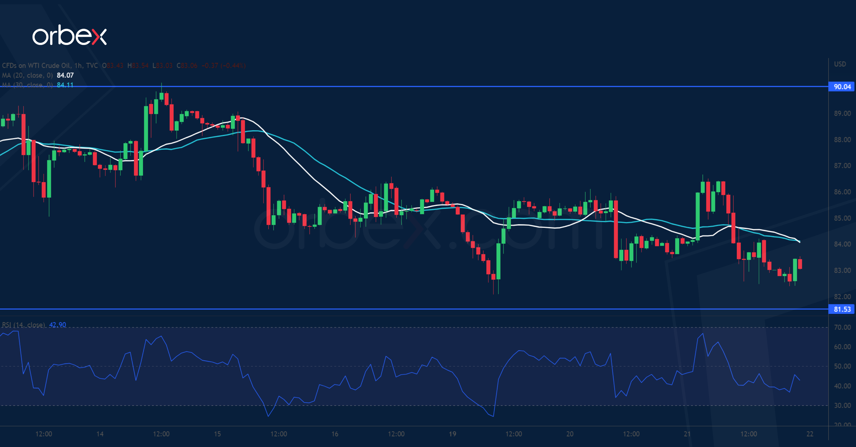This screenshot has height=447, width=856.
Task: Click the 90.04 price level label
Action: (842, 87)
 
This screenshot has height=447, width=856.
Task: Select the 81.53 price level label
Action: (842, 309)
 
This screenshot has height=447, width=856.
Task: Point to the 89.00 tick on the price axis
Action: (842, 113)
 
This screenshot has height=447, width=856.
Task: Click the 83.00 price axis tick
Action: (842, 270)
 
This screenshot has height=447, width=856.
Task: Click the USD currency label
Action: (840, 64)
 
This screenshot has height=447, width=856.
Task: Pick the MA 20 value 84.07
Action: (65, 75)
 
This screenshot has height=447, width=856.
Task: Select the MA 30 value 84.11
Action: (65, 85)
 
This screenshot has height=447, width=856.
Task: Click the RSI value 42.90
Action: (58, 325)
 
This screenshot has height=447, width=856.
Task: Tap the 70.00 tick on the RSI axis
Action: (842, 327)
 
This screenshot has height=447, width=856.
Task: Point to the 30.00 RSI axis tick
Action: (842, 405)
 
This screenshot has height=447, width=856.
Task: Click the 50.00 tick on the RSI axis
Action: (842, 366)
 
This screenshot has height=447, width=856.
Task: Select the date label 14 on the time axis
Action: (100, 434)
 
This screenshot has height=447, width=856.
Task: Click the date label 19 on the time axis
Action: (452, 434)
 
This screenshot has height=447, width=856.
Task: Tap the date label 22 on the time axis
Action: (810, 434)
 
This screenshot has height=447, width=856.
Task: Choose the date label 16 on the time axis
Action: (335, 434)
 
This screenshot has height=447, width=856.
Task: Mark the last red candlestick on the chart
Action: (800, 264)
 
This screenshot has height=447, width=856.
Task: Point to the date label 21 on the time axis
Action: (687, 434)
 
